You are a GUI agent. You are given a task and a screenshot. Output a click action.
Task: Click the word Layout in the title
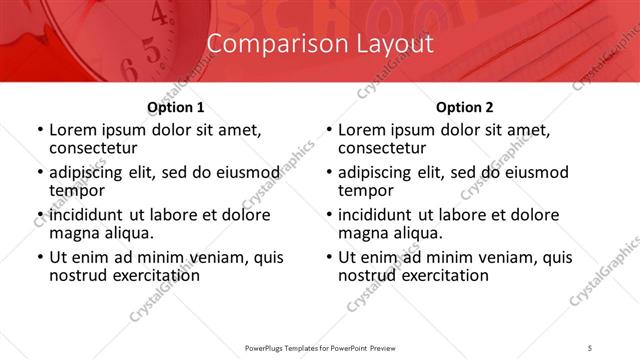392,44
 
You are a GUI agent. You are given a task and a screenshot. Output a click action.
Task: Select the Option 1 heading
176,108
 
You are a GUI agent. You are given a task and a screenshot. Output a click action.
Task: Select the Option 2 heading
464,108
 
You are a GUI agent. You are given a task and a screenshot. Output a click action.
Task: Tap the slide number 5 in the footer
591,347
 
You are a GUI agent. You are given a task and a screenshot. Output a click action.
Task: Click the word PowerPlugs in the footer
269,347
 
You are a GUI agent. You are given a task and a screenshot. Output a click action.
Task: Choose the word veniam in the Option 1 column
220,257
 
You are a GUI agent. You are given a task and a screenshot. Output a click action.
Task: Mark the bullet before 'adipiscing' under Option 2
327,173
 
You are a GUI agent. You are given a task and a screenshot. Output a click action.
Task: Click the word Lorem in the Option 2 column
362,130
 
